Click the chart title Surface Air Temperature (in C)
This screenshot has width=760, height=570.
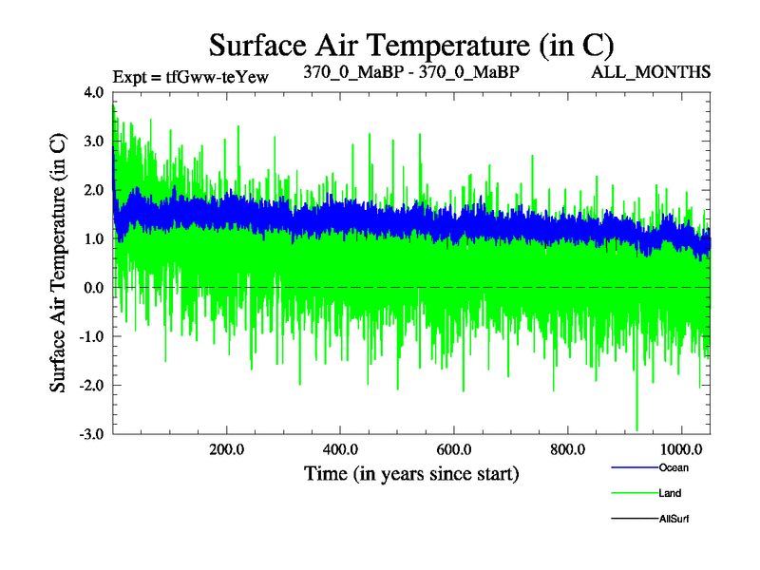click(411, 44)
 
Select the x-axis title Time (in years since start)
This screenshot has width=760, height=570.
click(411, 472)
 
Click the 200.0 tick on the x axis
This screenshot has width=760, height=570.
click(226, 448)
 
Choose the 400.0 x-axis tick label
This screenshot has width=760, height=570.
click(339, 448)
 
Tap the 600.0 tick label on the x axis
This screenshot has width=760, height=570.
click(453, 448)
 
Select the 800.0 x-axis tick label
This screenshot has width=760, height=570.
click(567, 448)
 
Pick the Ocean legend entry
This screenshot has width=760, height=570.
click(673, 467)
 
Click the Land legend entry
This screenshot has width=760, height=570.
click(670, 493)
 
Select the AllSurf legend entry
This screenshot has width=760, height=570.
click(674, 519)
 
